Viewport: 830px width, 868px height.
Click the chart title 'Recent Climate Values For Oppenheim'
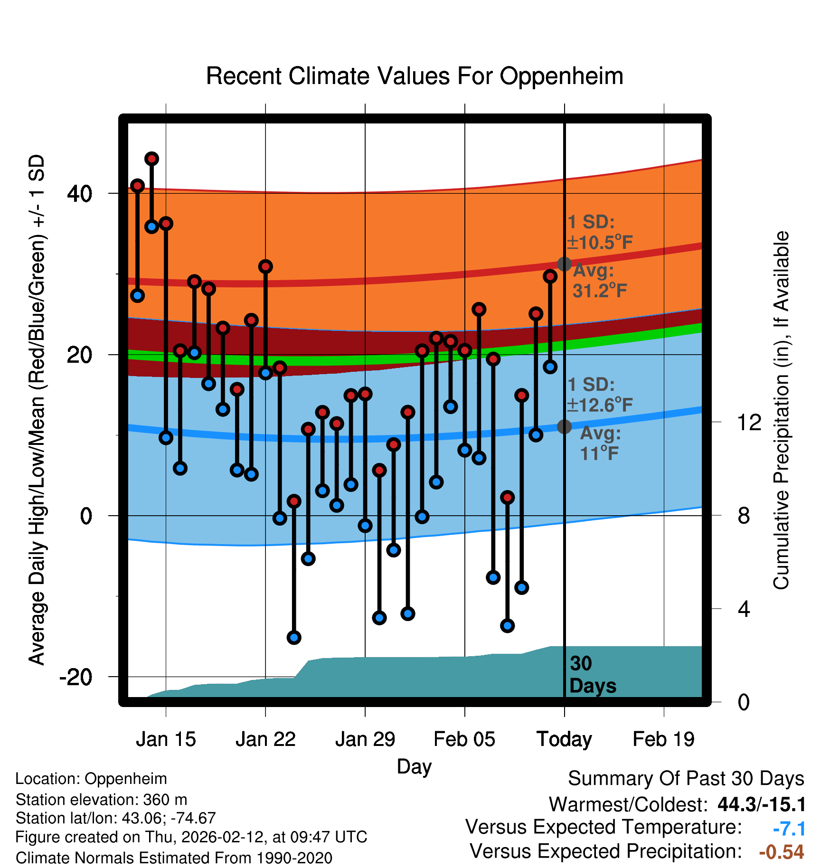(x=415, y=76)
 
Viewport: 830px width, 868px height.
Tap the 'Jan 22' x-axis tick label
(x=265, y=739)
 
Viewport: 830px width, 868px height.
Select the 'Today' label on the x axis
(x=564, y=739)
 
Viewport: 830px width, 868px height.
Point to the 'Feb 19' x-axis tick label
(x=663, y=739)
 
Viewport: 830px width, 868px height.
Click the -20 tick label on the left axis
(x=75, y=677)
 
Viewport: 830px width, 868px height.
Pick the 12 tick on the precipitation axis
(x=749, y=422)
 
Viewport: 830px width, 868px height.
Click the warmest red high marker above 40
(x=151, y=159)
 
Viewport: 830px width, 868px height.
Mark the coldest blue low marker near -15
(x=294, y=637)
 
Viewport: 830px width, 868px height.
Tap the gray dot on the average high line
(x=564, y=264)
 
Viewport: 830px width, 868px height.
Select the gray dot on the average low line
(x=564, y=426)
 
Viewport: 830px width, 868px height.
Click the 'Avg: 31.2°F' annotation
(x=598, y=281)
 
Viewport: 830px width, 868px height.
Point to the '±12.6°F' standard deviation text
(x=600, y=405)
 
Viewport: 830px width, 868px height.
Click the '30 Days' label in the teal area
(x=592, y=675)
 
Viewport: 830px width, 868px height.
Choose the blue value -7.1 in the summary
(x=789, y=829)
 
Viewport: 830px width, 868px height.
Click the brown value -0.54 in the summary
(x=781, y=852)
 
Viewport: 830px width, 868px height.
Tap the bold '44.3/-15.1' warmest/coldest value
(x=761, y=804)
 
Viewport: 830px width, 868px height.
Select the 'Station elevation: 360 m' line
(x=101, y=800)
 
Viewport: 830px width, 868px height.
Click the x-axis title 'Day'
(x=414, y=766)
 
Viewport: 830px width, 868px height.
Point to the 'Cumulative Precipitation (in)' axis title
(x=781, y=410)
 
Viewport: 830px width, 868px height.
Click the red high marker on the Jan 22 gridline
(x=265, y=266)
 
